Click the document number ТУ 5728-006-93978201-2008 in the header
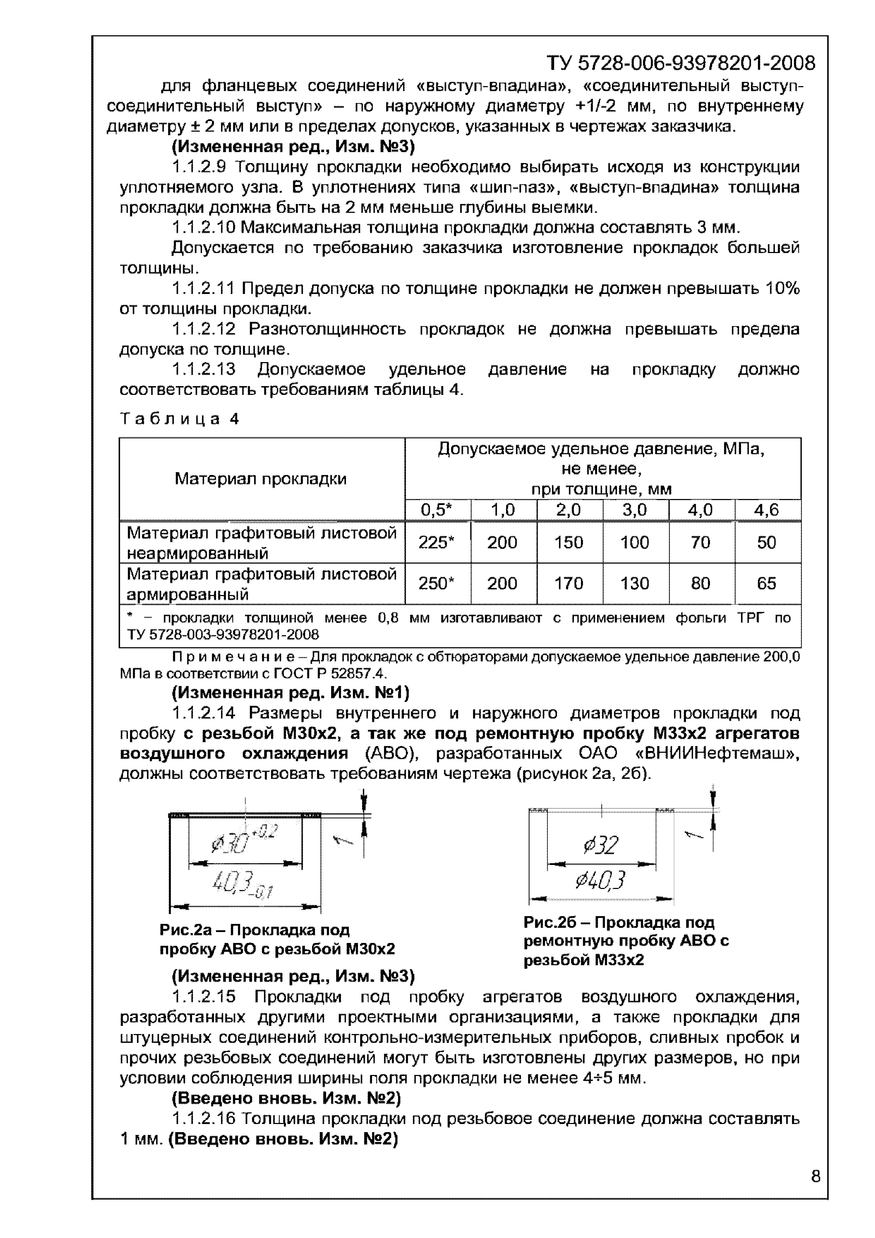(x=680, y=64)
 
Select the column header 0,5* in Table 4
(x=437, y=510)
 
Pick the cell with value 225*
(x=437, y=542)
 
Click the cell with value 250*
(x=437, y=583)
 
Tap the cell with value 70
(x=700, y=542)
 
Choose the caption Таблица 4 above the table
(x=179, y=419)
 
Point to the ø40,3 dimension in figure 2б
(x=601, y=881)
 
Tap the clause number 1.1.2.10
(x=204, y=228)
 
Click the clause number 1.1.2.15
(x=204, y=997)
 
